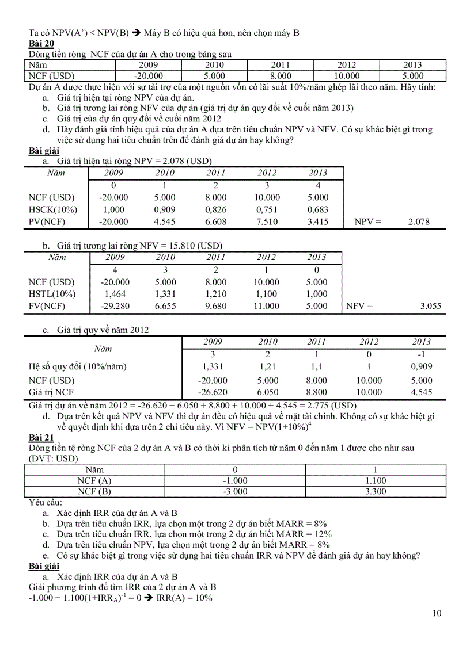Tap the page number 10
[x=437, y=613]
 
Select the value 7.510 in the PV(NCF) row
[x=267, y=221]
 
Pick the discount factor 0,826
[x=216, y=209]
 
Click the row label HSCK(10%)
[x=52, y=209]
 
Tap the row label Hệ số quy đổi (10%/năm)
[x=78, y=366]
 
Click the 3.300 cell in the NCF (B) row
[x=376, y=491]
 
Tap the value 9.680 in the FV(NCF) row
[x=216, y=306]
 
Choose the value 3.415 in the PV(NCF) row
[x=317, y=221]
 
